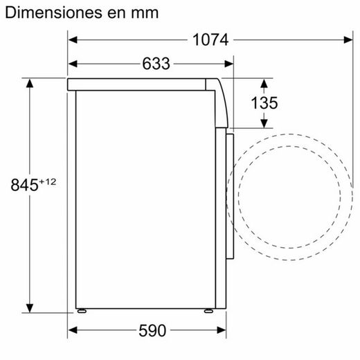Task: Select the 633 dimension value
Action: pos(156,64)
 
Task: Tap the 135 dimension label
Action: pos(264,103)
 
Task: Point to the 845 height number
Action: pos(24,185)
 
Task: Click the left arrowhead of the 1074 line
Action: pos(72,40)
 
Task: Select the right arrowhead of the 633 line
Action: pos(231,64)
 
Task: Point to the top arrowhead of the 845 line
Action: pos(30,83)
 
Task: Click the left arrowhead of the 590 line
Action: pos(72,330)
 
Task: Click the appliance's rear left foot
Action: pos(82,311)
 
